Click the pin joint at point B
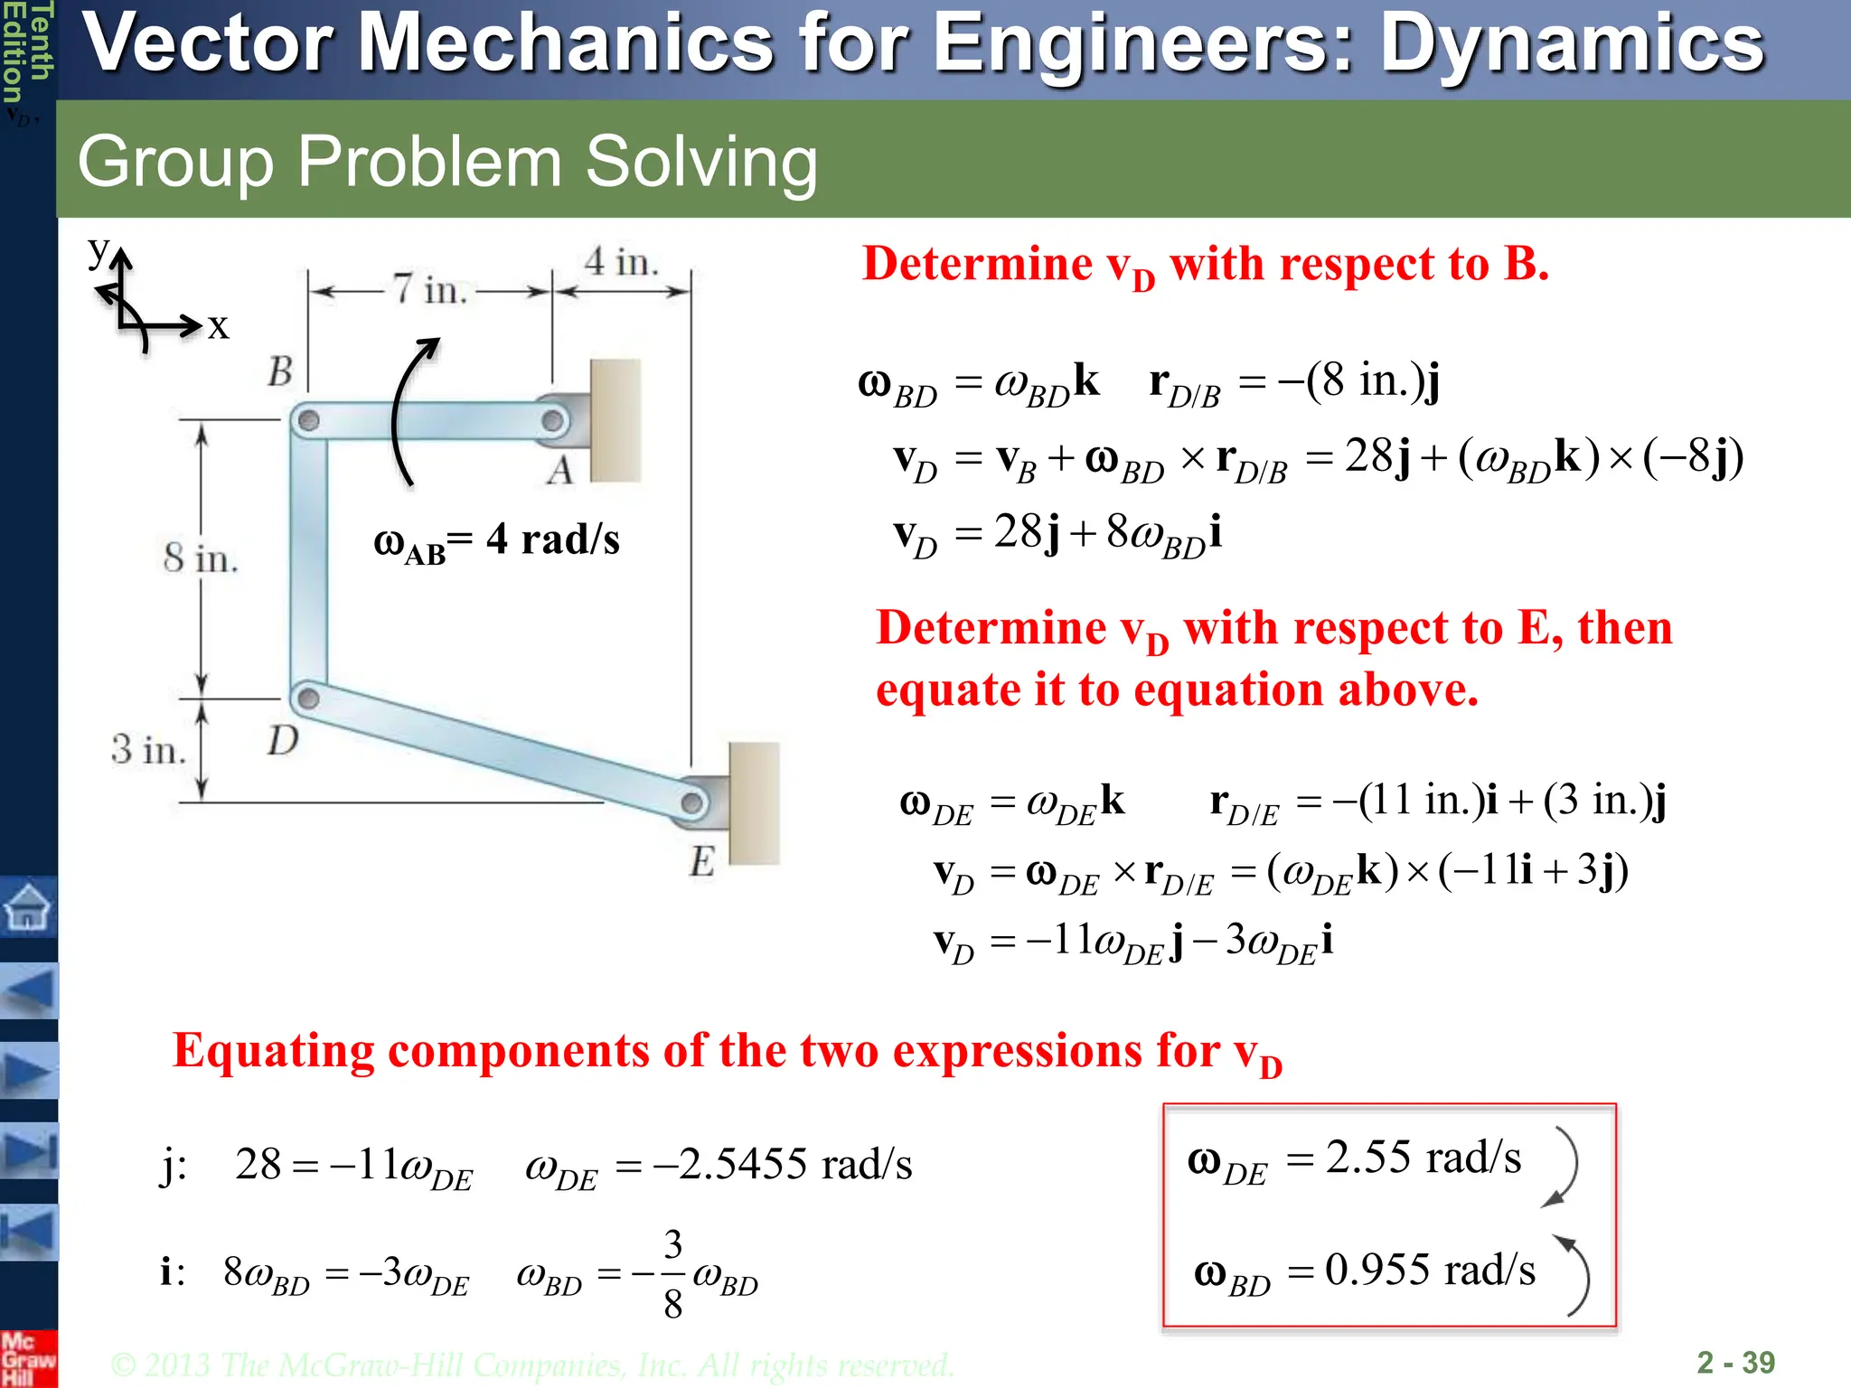point(308,420)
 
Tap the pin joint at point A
point(551,420)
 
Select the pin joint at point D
point(308,698)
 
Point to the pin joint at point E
point(691,802)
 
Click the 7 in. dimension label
point(430,290)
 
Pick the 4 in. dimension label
point(622,262)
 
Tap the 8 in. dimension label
point(201,558)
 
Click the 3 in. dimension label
point(148,749)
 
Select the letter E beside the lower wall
point(702,861)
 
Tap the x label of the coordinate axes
point(218,326)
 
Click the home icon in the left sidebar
point(28,906)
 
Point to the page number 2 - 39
point(1735,1362)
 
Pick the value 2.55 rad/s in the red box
point(1423,1158)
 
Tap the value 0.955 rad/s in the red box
point(1430,1270)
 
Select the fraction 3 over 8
point(672,1274)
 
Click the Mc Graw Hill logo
point(28,1357)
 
